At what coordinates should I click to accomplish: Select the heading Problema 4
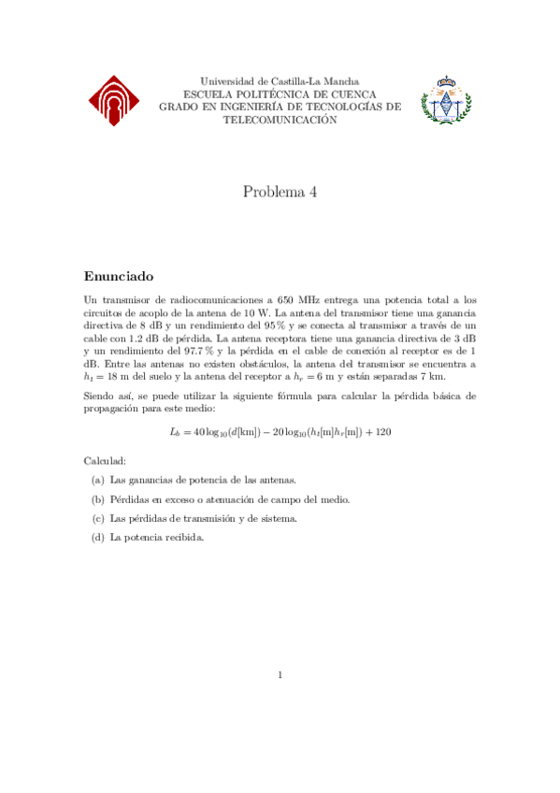coord(280,192)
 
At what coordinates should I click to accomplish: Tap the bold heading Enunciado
coord(118,277)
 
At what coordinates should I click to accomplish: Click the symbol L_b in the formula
coord(175,432)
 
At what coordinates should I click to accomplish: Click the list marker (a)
coord(97,480)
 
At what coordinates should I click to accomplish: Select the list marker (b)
coord(97,499)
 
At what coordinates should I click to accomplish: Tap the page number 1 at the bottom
coord(280,675)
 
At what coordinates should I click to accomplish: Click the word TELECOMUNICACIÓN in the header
coord(279,120)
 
